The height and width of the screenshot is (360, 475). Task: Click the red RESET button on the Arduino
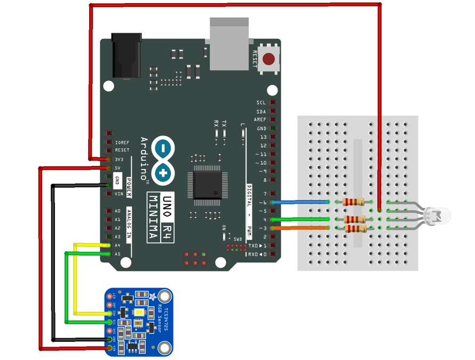pyautogui.click(x=269, y=59)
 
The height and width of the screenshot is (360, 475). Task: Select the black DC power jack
pyautogui.click(x=126, y=55)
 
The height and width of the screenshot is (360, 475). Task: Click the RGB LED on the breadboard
pyautogui.click(x=438, y=216)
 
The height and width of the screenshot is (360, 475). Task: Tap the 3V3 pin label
pyautogui.click(x=119, y=159)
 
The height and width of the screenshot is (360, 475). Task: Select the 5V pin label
pyautogui.click(x=118, y=168)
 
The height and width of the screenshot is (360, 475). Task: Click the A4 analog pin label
pyautogui.click(x=117, y=245)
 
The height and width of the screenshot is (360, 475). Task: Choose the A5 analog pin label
pyautogui.click(x=117, y=254)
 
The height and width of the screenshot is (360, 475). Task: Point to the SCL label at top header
pyautogui.click(x=261, y=103)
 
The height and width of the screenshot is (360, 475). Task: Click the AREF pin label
pyautogui.click(x=260, y=120)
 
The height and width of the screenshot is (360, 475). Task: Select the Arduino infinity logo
pyautogui.click(x=163, y=159)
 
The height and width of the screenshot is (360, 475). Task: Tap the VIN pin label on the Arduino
pyautogui.click(x=118, y=194)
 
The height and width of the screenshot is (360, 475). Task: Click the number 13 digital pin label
pyautogui.click(x=263, y=137)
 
